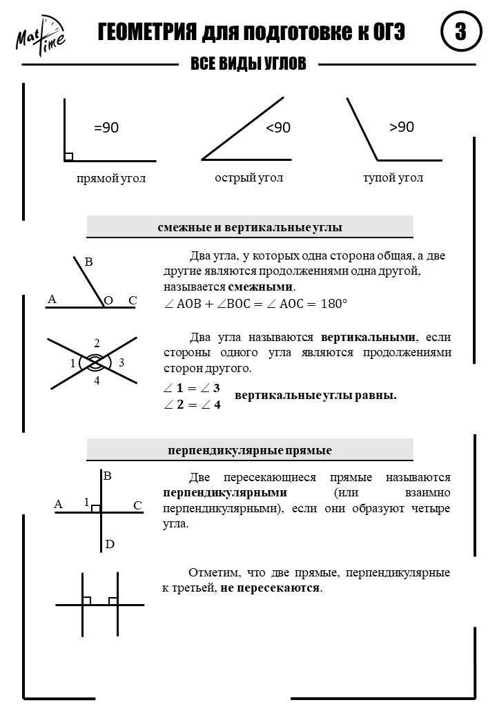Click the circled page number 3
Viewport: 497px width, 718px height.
click(x=458, y=33)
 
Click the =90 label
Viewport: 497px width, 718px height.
click(x=106, y=128)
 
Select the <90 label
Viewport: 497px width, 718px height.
click(x=278, y=128)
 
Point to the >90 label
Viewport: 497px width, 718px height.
click(x=401, y=127)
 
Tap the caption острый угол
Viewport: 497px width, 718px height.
click(x=249, y=178)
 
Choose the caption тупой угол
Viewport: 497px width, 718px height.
click(x=393, y=178)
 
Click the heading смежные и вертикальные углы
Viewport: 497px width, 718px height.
click(x=250, y=227)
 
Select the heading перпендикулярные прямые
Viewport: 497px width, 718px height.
click(x=250, y=450)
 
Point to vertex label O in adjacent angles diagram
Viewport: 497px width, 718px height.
click(x=108, y=301)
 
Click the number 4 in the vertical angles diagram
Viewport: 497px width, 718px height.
click(x=97, y=381)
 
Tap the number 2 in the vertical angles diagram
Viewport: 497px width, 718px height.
click(x=97, y=343)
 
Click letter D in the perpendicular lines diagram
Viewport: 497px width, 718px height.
click(x=109, y=545)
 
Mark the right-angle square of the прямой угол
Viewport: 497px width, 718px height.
click(x=68, y=157)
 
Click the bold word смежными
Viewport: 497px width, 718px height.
click(x=261, y=287)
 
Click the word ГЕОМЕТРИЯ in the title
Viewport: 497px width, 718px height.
click(x=146, y=33)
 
